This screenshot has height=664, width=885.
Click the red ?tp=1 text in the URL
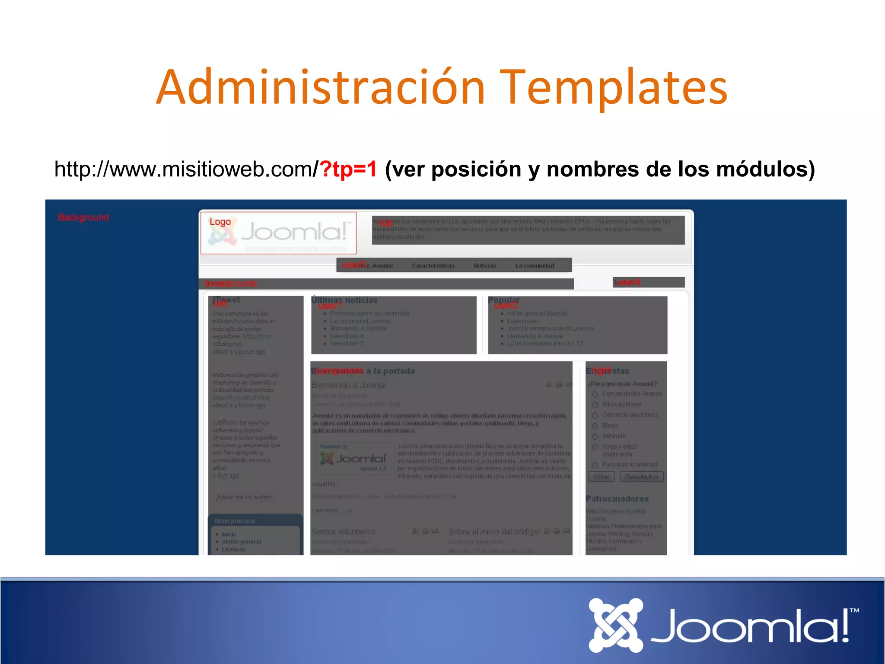(x=348, y=169)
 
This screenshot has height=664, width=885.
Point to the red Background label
(x=83, y=217)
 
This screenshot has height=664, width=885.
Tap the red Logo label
(x=220, y=222)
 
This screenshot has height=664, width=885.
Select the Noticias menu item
(x=484, y=265)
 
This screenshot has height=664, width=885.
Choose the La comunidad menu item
(x=534, y=265)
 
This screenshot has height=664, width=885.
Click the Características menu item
(x=433, y=265)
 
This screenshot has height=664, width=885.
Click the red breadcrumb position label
(x=231, y=284)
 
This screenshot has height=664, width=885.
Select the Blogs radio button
(x=595, y=426)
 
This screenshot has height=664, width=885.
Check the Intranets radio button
(x=595, y=437)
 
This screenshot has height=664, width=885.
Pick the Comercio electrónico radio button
(x=595, y=415)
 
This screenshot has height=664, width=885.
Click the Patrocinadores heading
(x=617, y=498)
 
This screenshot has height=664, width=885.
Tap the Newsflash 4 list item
(x=347, y=336)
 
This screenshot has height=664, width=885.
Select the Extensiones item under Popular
(x=523, y=321)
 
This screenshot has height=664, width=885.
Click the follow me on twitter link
(x=244, y=497)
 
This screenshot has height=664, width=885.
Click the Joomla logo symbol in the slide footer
(x=615, y=625)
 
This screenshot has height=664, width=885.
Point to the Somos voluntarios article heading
(x=344, y=532)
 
